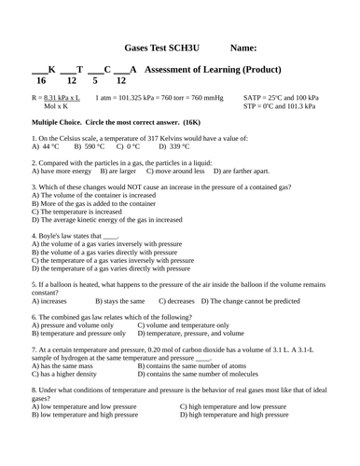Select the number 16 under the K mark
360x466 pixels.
click(41, 82)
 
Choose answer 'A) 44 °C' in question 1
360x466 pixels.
click(46, 146)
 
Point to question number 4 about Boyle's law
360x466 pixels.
click(34, 236)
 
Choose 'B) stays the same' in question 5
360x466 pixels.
click(120, 301)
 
